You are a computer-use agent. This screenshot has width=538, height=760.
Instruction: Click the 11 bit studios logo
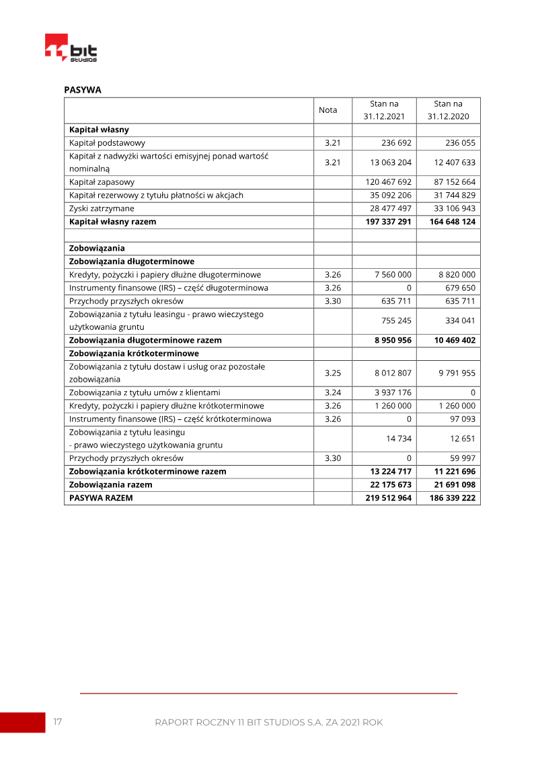[x=71, y=48]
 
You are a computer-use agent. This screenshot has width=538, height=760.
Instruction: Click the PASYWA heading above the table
[x=83, y=90]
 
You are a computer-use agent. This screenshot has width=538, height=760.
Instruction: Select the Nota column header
[x=328, y=110]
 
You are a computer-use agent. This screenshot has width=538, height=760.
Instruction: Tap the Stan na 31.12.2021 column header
[x=384, y=110]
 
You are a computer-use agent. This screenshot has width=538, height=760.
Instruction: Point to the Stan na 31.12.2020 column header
[x=448, y=110]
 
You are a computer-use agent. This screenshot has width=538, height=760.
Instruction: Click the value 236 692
[x=395, y=143]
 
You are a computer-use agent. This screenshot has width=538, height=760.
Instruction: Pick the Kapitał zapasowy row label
[x=102, y=182]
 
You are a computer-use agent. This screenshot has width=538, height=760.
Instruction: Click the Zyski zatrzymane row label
[x=102, y=208]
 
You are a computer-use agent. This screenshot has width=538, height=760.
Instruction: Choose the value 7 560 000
[x=393, y=275]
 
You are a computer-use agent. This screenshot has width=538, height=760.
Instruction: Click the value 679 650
[x=460, y=288]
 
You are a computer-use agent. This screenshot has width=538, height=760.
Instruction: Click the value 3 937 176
[x=393, y=392]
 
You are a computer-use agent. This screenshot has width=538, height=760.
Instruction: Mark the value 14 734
[x=399, y=439]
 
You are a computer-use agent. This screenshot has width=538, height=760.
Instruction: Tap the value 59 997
[x=462, y=458]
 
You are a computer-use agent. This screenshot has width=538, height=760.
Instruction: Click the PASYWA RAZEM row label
[x=101, y=498]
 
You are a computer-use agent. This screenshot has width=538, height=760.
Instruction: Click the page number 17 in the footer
[x=58, y=722]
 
